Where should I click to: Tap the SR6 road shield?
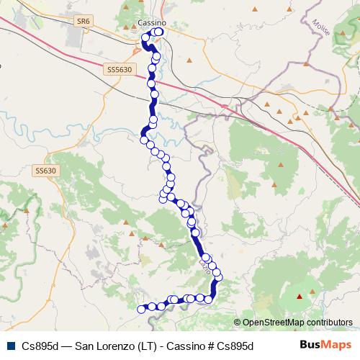(84, 23)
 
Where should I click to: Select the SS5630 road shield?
(119, 70)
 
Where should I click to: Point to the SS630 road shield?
(45, 171)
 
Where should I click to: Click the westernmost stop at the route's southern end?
(141, 309)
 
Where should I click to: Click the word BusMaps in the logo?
(326, 345)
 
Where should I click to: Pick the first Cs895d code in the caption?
(40, 346)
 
